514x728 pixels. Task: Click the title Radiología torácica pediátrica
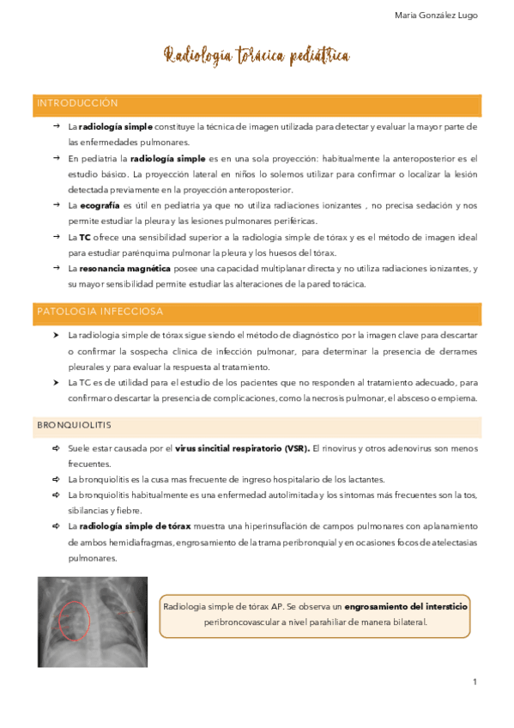257,57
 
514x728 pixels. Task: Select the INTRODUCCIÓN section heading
77,103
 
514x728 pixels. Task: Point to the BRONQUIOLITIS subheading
74,425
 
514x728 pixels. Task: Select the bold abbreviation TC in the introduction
85,236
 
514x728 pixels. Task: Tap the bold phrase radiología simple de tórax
125,525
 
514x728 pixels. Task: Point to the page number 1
474,682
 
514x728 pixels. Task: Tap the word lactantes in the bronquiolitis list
365,479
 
